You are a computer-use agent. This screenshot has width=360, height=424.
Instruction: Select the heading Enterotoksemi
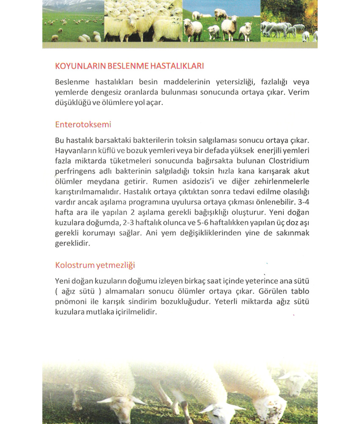coord(83,125)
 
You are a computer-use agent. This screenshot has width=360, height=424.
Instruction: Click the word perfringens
coord(75,172)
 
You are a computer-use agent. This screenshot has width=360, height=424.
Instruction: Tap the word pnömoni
coord(70,302)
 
